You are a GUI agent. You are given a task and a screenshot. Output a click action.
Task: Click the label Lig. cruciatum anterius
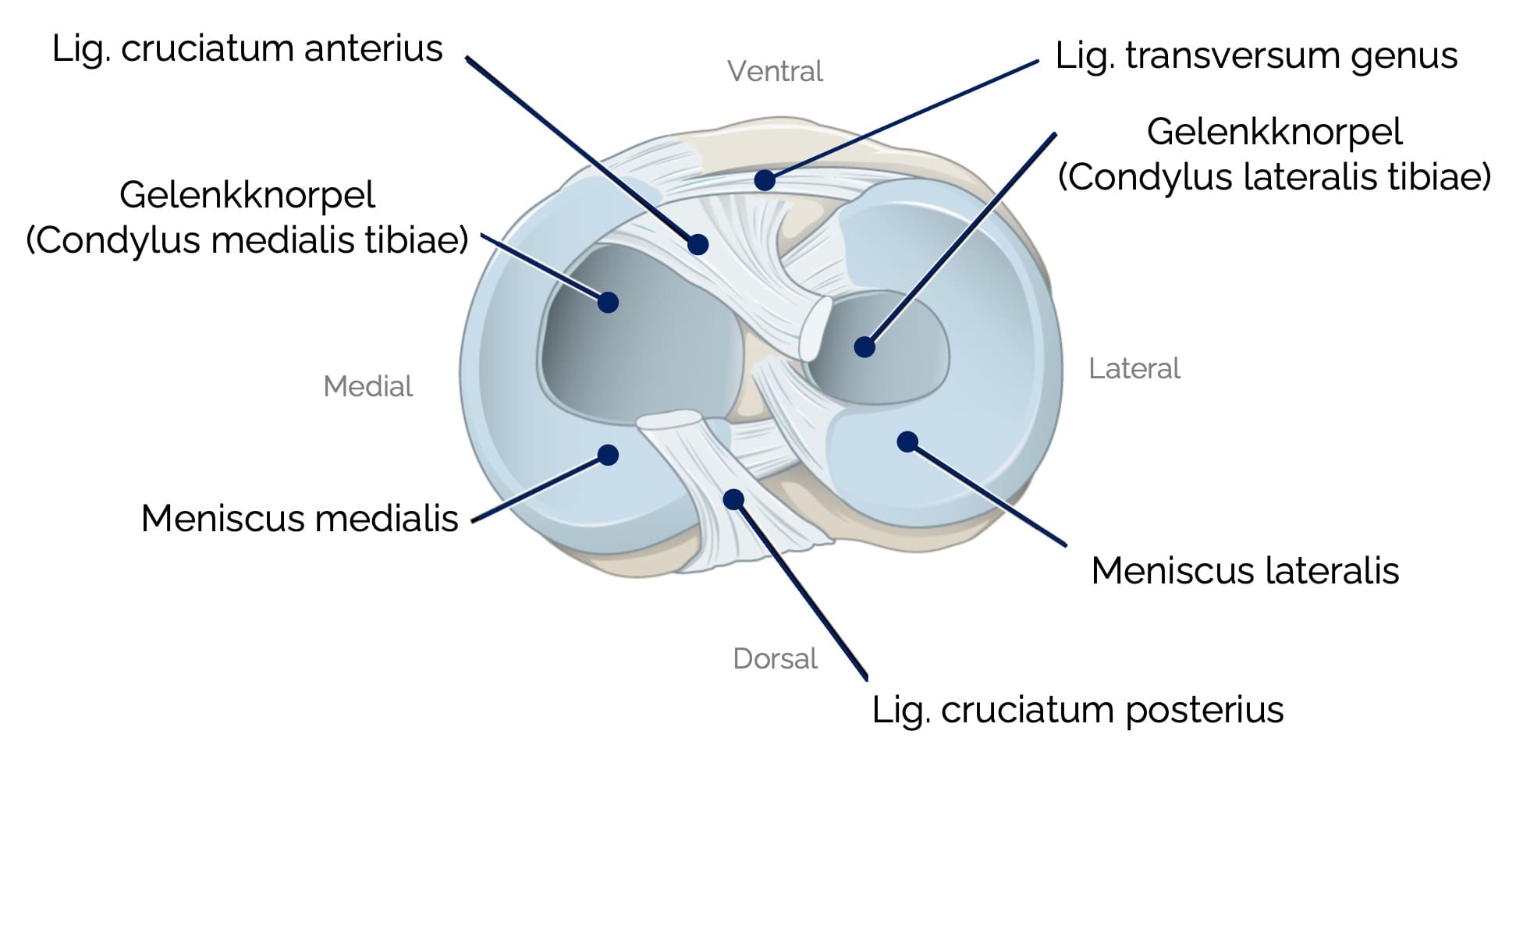(247, 49)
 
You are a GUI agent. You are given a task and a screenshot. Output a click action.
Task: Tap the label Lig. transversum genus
(1255, 56)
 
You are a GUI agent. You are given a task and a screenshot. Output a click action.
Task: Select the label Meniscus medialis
(299, 519)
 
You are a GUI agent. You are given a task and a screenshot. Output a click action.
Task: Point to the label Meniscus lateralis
(1244, 571)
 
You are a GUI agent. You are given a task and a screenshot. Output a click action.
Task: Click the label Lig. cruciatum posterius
(1077, 710)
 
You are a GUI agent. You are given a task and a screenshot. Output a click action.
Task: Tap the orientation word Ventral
(775, 72)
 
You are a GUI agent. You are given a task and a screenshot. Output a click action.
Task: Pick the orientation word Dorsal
(775, 659)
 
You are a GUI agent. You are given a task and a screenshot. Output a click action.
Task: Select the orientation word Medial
(367, 386)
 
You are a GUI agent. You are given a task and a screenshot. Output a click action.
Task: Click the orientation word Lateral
(1134, 368)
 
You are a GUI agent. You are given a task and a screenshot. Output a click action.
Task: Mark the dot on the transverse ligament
(765, 180)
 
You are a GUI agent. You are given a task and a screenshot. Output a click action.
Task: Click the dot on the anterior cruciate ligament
(698, 244)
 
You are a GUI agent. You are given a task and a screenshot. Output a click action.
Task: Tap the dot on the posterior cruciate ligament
(733, 499)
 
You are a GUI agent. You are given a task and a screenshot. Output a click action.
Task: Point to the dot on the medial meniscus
(608, 455)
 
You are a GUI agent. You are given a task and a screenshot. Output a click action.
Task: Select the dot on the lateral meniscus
(907, 442)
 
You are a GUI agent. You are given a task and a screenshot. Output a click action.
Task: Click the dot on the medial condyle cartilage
(608, 302)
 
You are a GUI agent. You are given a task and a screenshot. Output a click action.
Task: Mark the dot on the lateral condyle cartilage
(864, 347)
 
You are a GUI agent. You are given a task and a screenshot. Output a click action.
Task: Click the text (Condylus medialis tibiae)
(247, 240)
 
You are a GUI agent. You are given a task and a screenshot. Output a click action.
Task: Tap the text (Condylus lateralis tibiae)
(1273, 177)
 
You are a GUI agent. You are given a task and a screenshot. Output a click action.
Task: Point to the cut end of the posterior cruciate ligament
(669, 420)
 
